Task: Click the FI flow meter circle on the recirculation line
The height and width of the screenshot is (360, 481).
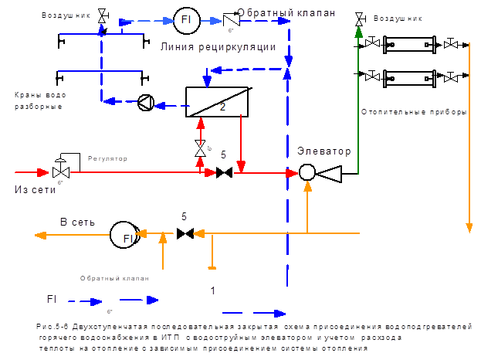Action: point(185,21)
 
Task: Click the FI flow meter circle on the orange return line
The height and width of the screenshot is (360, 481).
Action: point(124,236)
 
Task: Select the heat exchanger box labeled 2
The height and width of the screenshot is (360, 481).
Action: point(217,101)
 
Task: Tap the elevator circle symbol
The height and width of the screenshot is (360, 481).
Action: point(307,175)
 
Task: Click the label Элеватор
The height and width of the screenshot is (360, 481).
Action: point(324,151)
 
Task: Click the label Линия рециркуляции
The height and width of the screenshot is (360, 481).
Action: point(218,47)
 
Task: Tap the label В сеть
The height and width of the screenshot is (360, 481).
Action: point(77,222)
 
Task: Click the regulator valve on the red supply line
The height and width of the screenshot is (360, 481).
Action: point(59,171)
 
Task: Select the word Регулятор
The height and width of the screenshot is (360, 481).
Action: point(107,158)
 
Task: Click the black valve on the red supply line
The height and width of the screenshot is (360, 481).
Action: point(225,173)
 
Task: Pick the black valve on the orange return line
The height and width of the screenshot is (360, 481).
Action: point(185,233)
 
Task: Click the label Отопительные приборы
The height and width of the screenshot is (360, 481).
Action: point(414,112)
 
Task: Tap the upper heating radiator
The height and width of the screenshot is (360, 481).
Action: point(409,45)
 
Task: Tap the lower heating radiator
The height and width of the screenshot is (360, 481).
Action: point(409,77)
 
